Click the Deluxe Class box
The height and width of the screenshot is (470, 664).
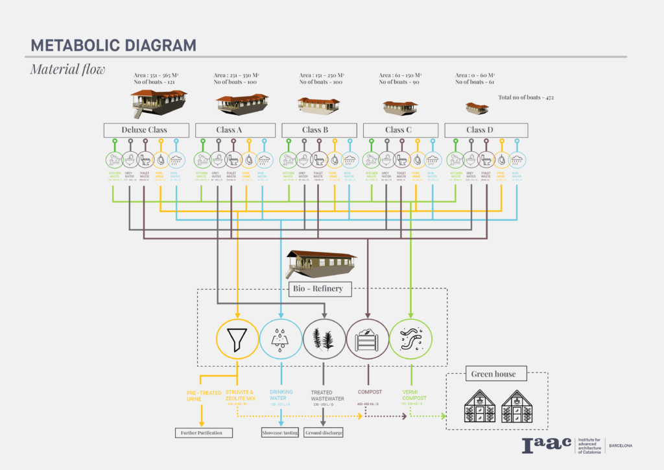tap(146, 130)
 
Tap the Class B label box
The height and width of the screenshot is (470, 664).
tap(319, 130)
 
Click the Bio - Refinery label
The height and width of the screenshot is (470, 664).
tap(318, 288)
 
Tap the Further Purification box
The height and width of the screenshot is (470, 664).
tap(204, 432)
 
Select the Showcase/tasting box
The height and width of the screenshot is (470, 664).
tap(279, 432)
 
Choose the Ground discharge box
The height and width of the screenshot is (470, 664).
tap(324, 432)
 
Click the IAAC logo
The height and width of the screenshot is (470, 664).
tap(547, 445)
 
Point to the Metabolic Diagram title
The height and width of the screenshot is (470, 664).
tap(113, 45)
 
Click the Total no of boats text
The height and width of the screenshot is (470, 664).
tap(526, 97)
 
